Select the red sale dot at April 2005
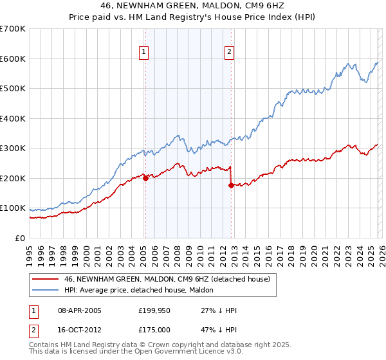pyautogui.click(x=145, y=179)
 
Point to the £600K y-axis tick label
pyautogui.click(x=13, y=59)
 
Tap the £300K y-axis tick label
pyautogui.click(x=13, y=148)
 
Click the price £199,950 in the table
pyautogui.click(x=154, y=310)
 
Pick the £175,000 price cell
pyautogui.click(x=154, y=329)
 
